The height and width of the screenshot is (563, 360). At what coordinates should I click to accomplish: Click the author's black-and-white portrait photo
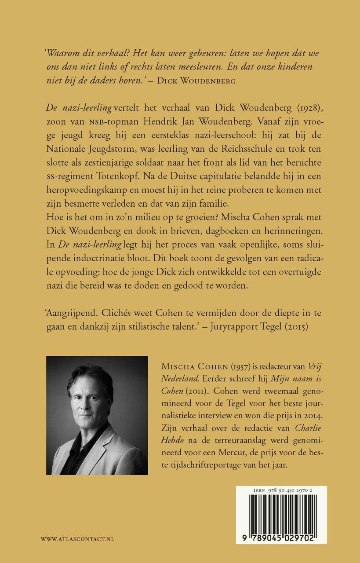[97, 415]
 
